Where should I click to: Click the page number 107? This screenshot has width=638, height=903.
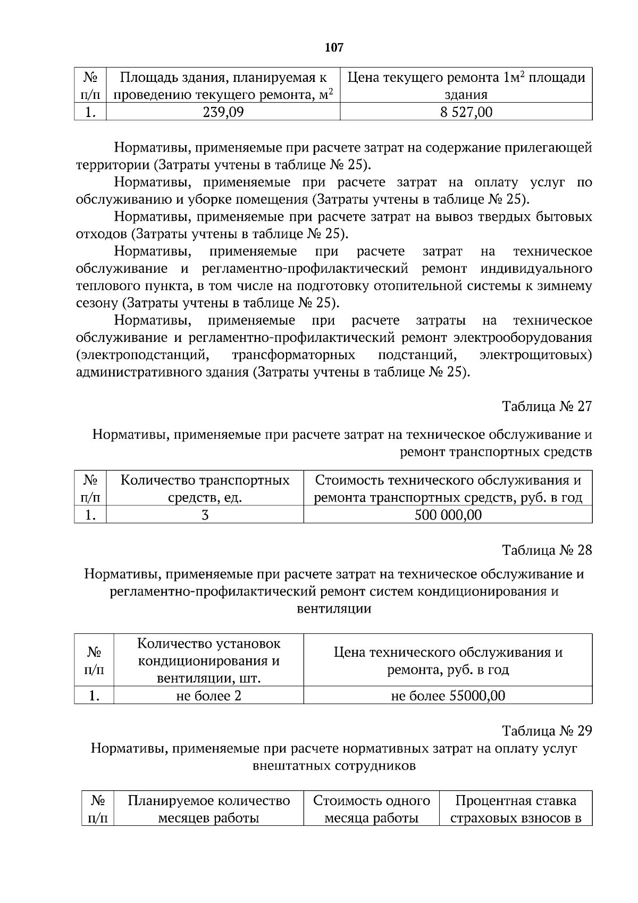(x=334, y=48)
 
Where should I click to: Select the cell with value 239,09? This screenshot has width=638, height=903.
(x=223, y=112)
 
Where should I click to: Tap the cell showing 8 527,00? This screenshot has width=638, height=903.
(x=466, y=112)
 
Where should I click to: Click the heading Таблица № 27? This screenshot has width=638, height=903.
(x=547, y=406)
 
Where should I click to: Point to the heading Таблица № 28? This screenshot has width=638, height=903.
(x=547, y=550)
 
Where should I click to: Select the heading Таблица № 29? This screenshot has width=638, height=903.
(x=547, y=731)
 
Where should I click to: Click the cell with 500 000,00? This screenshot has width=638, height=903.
(x=448, y=515)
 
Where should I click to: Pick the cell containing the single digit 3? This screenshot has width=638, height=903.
(x=205, y=515)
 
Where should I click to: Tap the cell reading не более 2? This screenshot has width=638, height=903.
(x=208, y=696)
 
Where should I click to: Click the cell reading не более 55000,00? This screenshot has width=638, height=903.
(x=448, y=696)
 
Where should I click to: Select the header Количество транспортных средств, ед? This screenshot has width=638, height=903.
(x=205, y=489)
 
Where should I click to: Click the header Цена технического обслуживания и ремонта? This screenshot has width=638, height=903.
(x=448, y=660)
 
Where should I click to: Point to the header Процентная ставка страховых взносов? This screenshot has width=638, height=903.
(x=515, y=809)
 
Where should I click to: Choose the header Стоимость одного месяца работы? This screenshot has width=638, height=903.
(x=371, y=809)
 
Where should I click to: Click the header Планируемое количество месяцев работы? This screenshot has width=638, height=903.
(x=208, y=809)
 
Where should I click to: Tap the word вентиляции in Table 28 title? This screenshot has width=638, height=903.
(x=333, y=609)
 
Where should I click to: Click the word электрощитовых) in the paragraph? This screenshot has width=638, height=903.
(x=535, y=355)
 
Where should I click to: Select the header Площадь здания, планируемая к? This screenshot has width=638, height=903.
(x=223, y=78)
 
